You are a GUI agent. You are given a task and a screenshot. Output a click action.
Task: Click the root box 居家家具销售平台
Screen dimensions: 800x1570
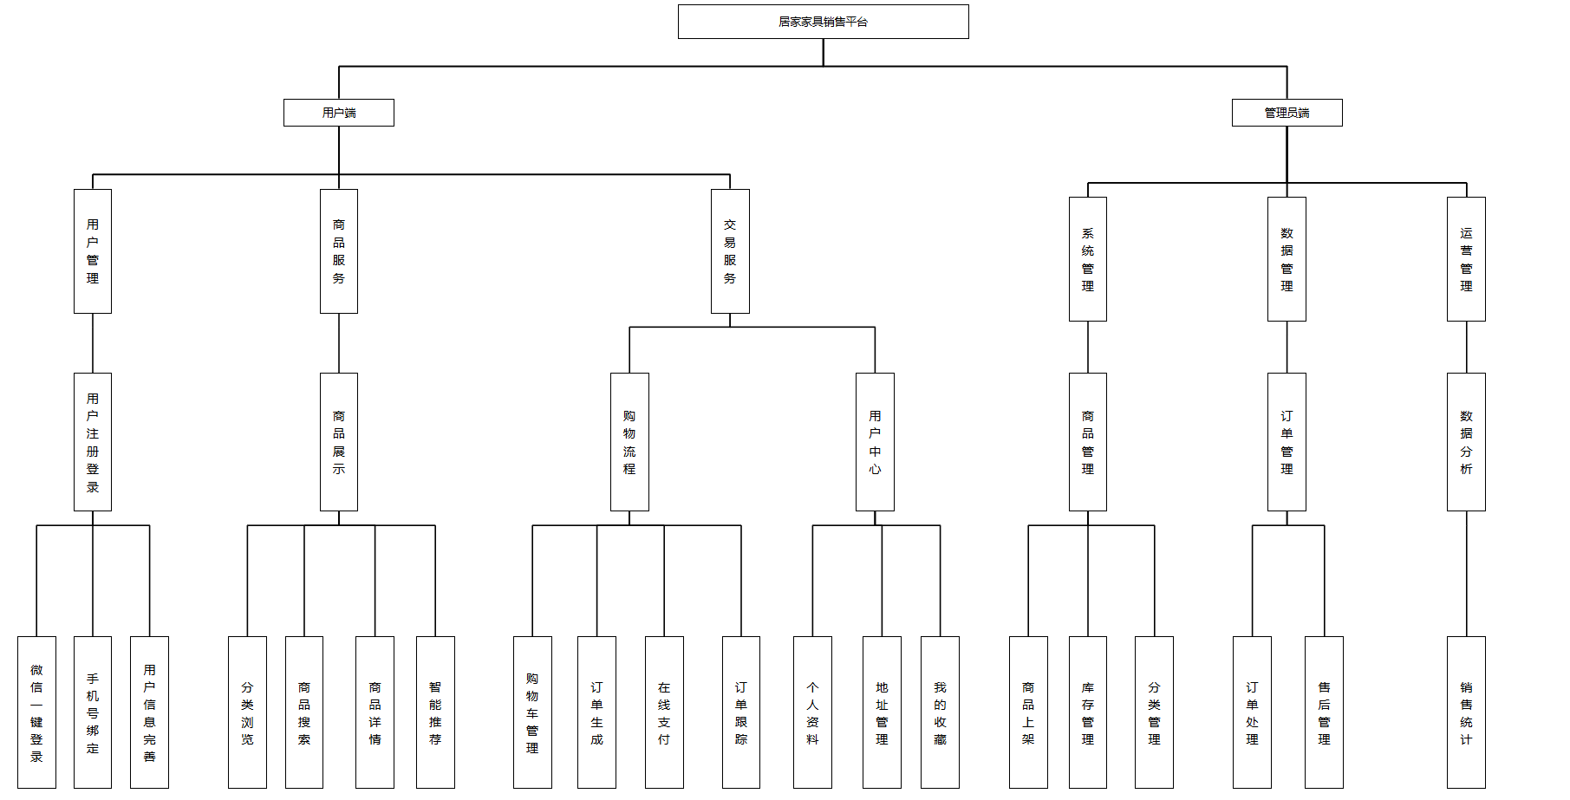(x=823, y=22)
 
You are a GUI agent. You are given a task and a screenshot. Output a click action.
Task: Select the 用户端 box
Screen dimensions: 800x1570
(x=338, y=113)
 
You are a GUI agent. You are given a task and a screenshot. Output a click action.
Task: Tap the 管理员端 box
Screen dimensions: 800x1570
(x=1287, y=113)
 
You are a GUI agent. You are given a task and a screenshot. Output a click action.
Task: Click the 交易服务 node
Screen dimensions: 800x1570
(x=730, y=251)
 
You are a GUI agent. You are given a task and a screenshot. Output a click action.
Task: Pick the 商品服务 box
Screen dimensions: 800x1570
(x=338, y=251)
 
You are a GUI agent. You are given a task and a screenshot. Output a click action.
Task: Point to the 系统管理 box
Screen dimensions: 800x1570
(x=1087, y=259)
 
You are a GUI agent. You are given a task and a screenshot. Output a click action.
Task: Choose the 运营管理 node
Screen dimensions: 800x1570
(x=1466, y=259)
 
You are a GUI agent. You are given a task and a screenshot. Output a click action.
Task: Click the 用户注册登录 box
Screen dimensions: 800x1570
(x=93, y=442)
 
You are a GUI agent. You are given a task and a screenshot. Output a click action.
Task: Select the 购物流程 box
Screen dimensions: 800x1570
(x=629, y=442)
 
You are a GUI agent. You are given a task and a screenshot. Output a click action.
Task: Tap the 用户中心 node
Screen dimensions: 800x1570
(x=875, y=442)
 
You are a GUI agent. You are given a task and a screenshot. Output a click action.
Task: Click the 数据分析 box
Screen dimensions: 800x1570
(x=1466, y=442)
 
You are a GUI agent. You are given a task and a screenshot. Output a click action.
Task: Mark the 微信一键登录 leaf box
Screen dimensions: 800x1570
(x=36, y=712)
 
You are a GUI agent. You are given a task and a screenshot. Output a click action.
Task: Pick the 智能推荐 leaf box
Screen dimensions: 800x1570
(x=435, y=712)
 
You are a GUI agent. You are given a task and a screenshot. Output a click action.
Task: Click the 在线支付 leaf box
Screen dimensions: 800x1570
(x=664, y=712)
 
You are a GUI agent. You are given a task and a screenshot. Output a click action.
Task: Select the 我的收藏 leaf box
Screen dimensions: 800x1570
(x=940, y=712)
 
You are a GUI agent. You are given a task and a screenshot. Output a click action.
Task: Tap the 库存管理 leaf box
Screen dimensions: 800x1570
(x=1087, y=712)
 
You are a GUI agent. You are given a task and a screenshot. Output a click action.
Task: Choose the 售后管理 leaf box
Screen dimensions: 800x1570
(x=1324, y=712)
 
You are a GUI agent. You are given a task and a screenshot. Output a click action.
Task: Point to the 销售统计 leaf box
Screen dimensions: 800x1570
(x=1466, y=712)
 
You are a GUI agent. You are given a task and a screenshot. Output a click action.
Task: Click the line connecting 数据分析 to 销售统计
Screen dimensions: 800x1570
(x=1466, y=574)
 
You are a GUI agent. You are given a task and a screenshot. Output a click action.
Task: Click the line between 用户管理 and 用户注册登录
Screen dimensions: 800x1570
(x=93, y=343)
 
